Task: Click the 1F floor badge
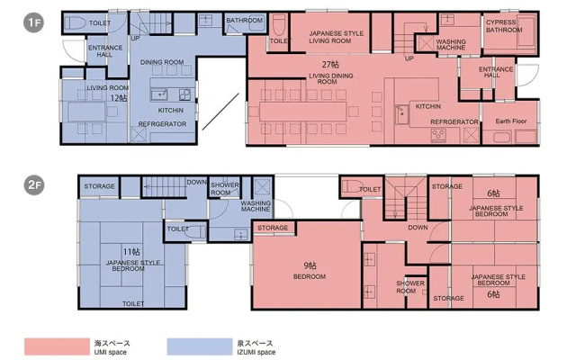(34, 22)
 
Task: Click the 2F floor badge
(34, 184)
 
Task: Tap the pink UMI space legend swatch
(57, 346)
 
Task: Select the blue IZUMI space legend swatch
(200, 346)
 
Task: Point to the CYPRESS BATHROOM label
(504, 26)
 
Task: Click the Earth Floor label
(510, 121)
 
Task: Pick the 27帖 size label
(330, 65)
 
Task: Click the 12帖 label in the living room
(119, 98)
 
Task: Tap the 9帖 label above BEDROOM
(310, 265)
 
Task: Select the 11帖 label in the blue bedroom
(131, 252)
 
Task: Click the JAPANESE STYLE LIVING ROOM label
(336, 37)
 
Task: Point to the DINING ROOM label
(162, 62)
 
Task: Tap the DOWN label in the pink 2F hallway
(418, 228)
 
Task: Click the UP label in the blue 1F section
(135, 38)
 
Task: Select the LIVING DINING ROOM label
(330, 78)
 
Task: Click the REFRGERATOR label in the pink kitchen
(454, 121)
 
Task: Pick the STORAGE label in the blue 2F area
(99, 186)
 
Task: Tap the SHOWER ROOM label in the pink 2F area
(410, 287)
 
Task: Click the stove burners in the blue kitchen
(184, 94)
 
